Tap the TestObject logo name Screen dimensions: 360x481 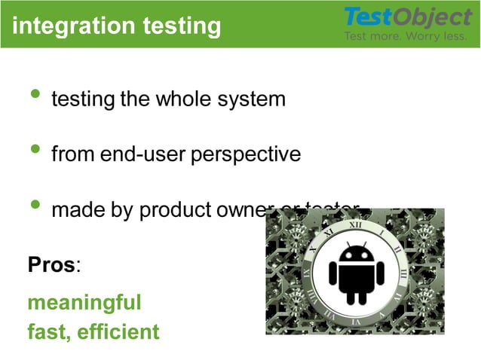pos(407,17)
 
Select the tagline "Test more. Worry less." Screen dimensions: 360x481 pos(406,36)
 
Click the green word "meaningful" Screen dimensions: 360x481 pos(84,303)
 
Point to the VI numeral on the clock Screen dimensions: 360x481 pos(356,322)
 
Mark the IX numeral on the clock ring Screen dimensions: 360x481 pos(308,273)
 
